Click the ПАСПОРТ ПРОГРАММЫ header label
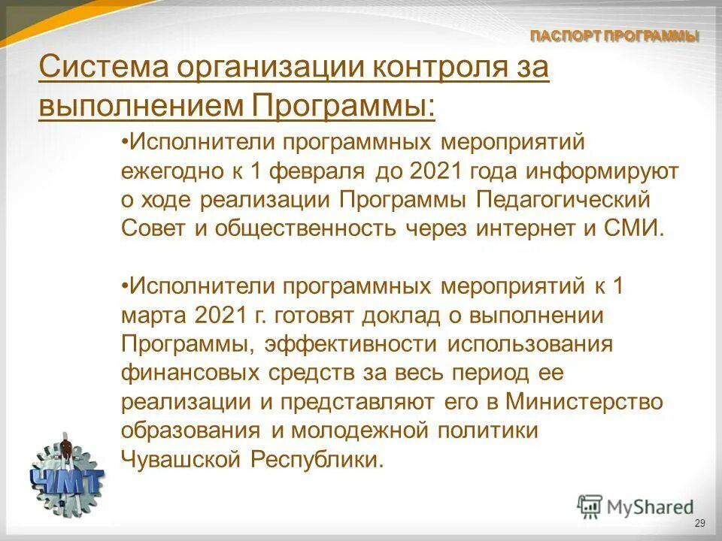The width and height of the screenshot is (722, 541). click(614, 36)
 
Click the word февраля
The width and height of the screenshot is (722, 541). click(317, 172)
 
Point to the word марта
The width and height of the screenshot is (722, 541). click(153, 316)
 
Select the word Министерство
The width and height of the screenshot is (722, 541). click(584, 402)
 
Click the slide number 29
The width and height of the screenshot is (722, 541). click(699, 523)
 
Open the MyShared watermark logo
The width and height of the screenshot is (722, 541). click(636, 506)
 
